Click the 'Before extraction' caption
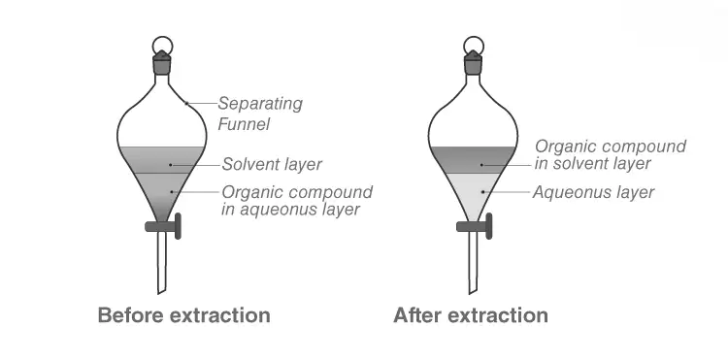point(183,315)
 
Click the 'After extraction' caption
point(471,315)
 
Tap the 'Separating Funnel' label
point(260,114)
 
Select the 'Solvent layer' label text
point(272,164)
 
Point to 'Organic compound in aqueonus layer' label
point(297,201)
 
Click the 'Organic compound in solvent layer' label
point(611,155)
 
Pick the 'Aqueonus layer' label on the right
point(593,192)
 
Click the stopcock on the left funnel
point(163,226)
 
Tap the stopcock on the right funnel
point(474,226)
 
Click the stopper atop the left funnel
point(162,62)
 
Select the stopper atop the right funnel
point(473,62)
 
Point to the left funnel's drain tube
point(161,263)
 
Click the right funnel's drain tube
point(473,263)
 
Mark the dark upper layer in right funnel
point(473,160)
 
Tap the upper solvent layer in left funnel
point(162,160)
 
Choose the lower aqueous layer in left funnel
point(162,192)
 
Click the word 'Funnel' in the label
point(244,124)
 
